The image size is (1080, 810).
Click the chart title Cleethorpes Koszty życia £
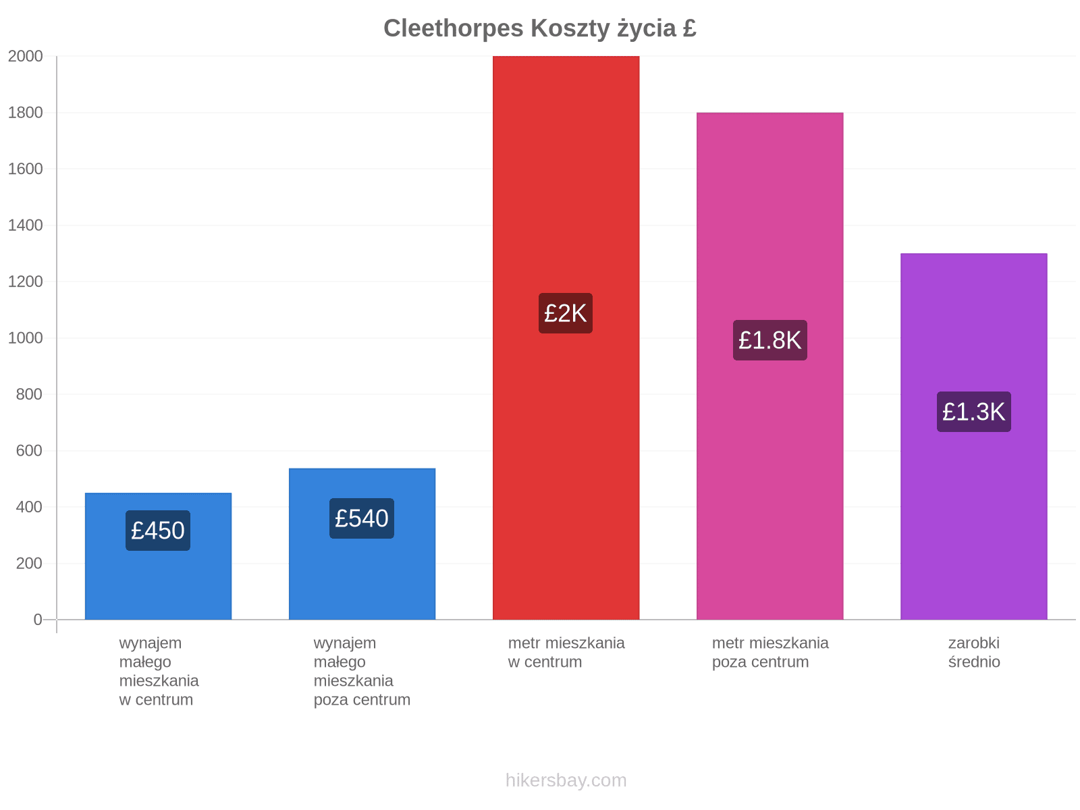(x=540, y=28)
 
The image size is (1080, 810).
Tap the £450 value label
(x=157, y=530)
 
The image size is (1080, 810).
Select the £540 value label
(x=362, y=518)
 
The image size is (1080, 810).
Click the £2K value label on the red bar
(x=566, y=313)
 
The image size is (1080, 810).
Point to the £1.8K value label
(x=770, y=340)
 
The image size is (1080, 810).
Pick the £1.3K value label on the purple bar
(x=974, y=412)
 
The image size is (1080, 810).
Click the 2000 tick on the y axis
(x=25, y=56)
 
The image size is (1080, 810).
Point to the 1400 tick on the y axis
(x=25, y=225)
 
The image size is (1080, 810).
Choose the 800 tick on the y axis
(x=29, y=394)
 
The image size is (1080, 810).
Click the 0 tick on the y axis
(x=38, y=620)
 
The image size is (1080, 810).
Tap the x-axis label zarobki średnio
(x=974, y=652)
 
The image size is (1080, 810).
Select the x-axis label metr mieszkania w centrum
(x=566, y=652)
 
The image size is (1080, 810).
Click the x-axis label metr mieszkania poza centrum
(x=771, y=652)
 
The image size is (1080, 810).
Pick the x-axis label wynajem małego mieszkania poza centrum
(x=362, y=672)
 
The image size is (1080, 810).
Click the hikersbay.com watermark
(x=566, y=780)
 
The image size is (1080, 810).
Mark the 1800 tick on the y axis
(x=25, y=113)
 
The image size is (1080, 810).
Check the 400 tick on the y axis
(x=29, y=507)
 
